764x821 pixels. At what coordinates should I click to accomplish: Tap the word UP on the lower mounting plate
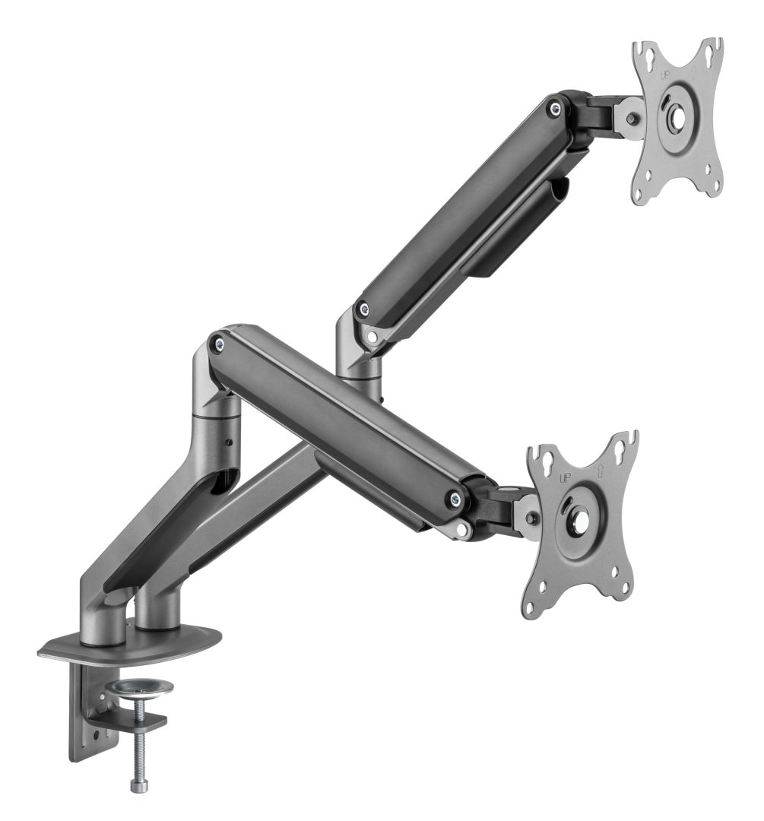pos(564,478)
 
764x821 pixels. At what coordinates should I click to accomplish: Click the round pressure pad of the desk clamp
pos(139,689)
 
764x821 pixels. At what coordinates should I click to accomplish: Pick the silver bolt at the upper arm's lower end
pos(363,309)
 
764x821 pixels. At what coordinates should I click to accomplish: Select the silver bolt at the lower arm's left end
pos(220,344)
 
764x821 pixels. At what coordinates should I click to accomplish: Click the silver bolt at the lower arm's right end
pos(455,499)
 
